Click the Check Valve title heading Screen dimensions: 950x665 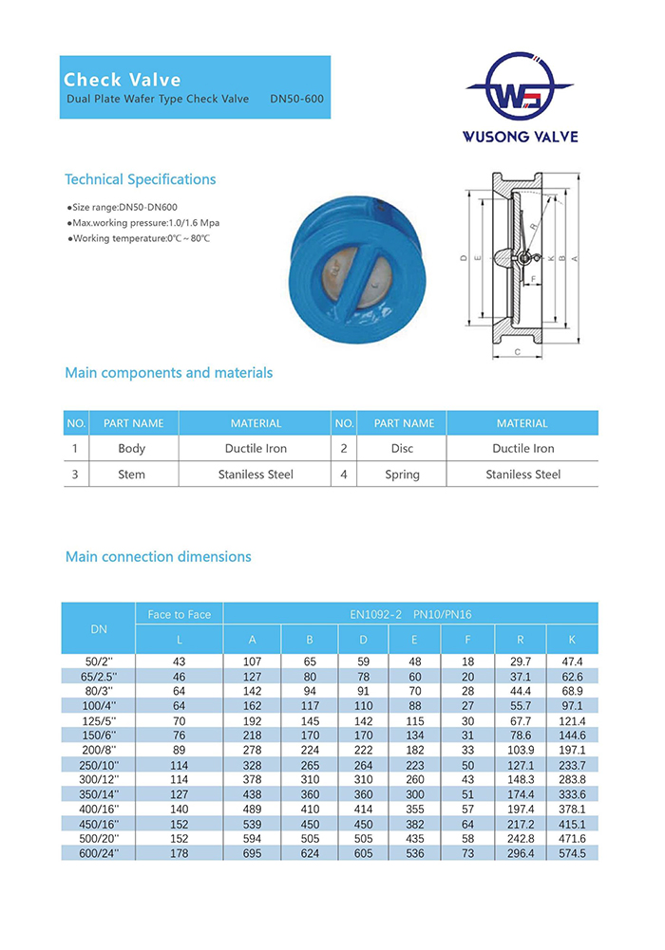point(122,80)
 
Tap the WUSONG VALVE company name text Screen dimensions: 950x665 point(520,137)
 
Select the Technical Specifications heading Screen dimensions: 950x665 point(140,179)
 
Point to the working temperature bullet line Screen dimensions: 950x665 point(139,238)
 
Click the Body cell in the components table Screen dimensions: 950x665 point(132,448)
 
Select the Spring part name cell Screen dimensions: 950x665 point(402,475)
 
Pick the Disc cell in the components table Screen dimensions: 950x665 point(402,448)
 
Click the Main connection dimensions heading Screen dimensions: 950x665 point(158,557)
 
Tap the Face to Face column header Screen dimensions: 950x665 point(180,614)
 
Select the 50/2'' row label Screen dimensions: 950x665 point(99,661)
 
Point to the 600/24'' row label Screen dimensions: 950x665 point(99,854)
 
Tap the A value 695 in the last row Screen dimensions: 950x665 point(252,854)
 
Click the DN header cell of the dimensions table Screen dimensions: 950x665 point(99,627)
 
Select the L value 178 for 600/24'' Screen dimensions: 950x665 point(180,854)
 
